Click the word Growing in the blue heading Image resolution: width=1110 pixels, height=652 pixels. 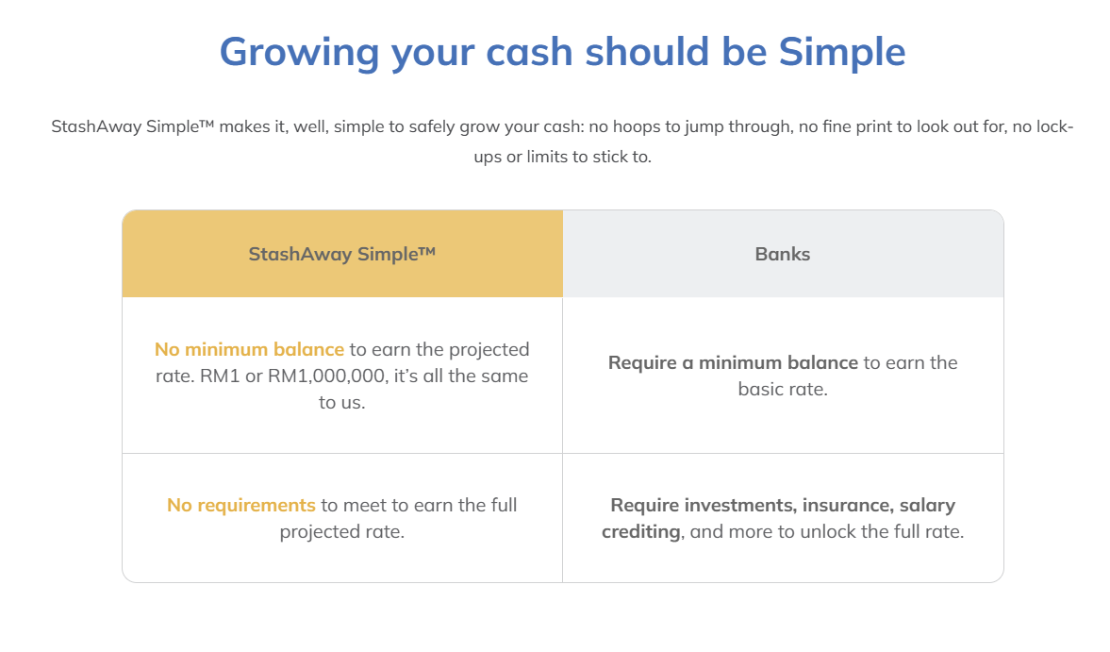coord(300,53)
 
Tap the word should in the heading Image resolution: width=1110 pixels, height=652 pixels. coord(647,52)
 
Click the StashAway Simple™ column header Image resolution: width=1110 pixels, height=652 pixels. coord(342,254)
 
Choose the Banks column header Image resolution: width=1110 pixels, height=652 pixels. coord(782,254)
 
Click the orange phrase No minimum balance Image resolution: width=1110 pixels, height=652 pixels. coord(249,349)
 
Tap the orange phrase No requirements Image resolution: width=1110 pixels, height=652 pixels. coord(241,506)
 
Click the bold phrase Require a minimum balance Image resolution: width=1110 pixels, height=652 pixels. coord(733,362)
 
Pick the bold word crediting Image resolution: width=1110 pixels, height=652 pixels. coord(642,532)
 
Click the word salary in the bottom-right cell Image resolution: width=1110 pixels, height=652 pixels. coord(927,506)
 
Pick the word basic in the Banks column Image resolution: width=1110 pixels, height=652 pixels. coord(758,390)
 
